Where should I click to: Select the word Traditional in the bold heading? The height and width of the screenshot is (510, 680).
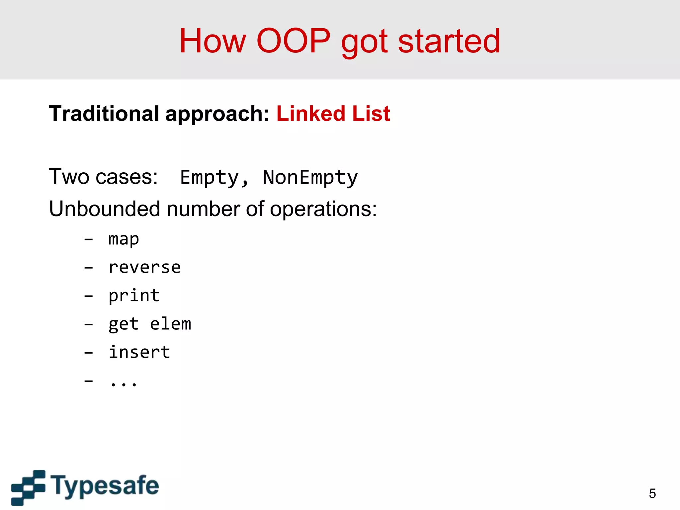pyautogui.click(x=104, y=114)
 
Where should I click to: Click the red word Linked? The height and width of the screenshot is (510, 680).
pyautogui.click(x=311, y=114)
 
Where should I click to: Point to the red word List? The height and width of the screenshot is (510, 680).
pyautogui.click(x=371, y=114)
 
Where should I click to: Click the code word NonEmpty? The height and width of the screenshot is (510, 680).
pyautogui.click(x=310, y=177)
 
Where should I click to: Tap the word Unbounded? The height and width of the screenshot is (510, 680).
pyautogui.click(x=105, y=209)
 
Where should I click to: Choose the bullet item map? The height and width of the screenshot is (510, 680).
pyautogui.click(x=124, y=239)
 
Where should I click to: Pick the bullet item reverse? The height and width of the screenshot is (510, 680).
pyautogui.click(x=144, y=268)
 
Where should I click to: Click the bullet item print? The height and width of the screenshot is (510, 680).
pyautogui.click(x=134, y=296)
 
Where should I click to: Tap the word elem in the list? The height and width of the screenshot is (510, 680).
pyautogui.click(x=171, y=324)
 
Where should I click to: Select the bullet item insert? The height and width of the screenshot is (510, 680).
pyautogui.click(x=139, y=352)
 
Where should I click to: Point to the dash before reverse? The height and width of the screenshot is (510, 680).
pyautogui.click(x=88, y=268)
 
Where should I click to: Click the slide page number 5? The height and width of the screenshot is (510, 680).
pyautogui.click(x=652, y=493)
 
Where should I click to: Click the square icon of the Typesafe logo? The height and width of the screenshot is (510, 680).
pyautogui.click(x=28, y=487)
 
